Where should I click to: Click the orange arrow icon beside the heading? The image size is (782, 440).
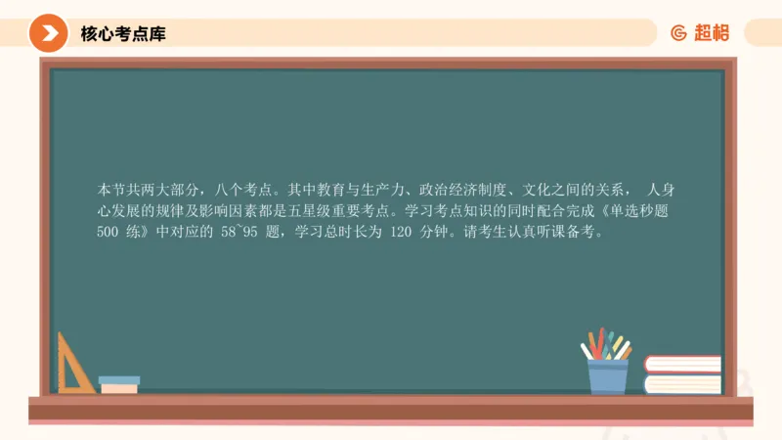pos(48,33)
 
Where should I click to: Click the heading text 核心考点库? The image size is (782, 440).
pos(123,34)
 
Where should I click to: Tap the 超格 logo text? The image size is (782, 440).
pos(712,33)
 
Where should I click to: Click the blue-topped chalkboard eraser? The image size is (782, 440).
pos(119,384)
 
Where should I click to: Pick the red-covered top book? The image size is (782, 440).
pos(682,365)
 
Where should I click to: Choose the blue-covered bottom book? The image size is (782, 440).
pos(682,383)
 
